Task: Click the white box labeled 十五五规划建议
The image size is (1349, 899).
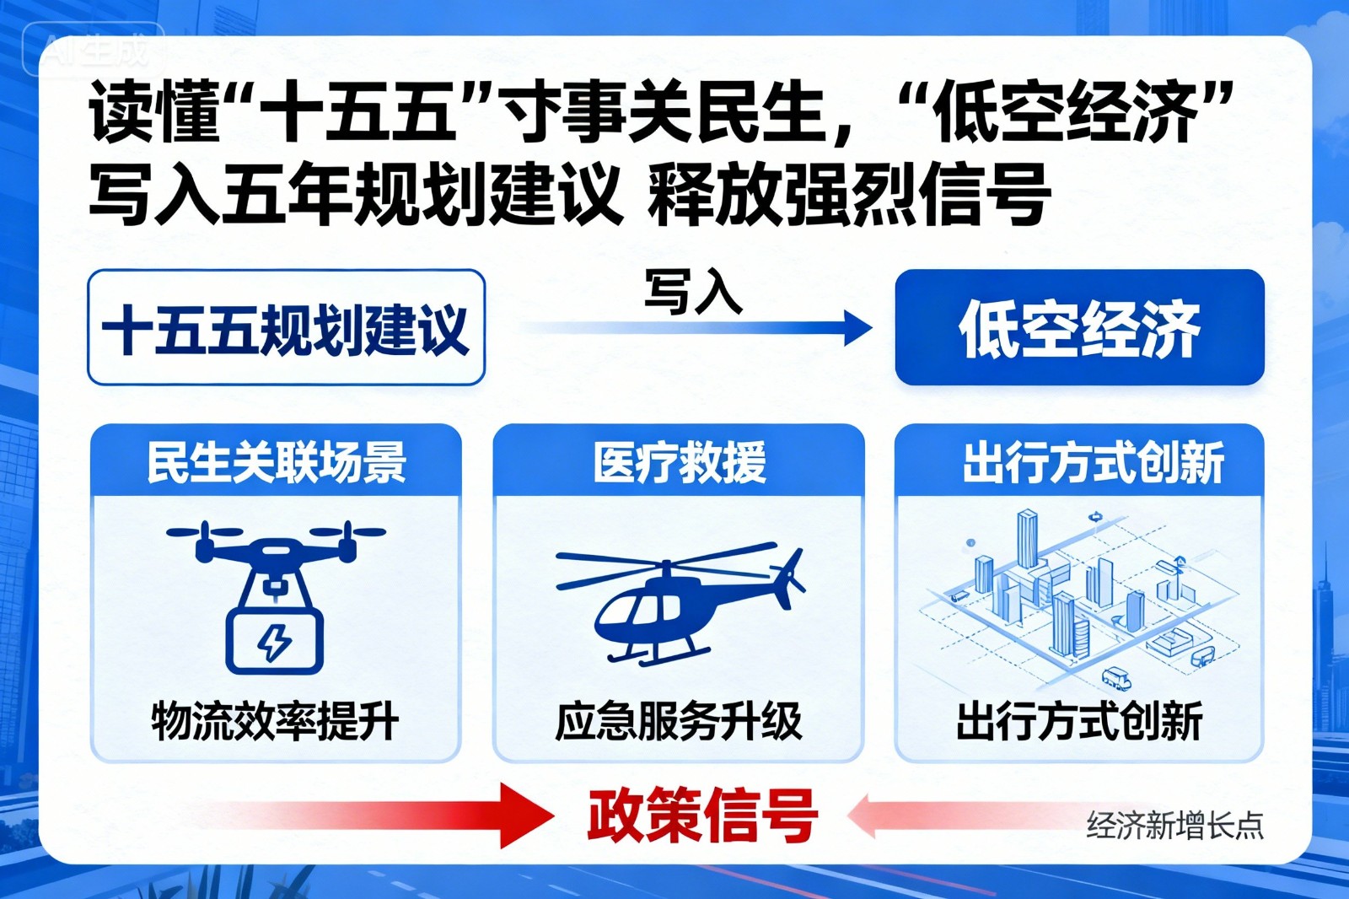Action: point(286,327)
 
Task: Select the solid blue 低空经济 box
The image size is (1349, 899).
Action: point(1079,327)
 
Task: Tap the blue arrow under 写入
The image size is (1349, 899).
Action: point(700,328)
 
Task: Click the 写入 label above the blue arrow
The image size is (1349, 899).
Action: point(693,292)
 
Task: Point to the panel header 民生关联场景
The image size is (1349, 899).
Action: point(276,462)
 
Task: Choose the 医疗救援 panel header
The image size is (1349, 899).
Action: point(679,462)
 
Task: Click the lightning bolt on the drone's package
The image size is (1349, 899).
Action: point(274,643)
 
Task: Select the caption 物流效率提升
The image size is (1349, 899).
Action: point(275,722)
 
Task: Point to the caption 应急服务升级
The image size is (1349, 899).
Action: point(679,722)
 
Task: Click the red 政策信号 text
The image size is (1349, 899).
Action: point(701,816)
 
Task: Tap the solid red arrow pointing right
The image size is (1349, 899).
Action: point(514,816)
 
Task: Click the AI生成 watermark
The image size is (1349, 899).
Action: point(95,51)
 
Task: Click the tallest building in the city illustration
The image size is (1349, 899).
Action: point(1027,540)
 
